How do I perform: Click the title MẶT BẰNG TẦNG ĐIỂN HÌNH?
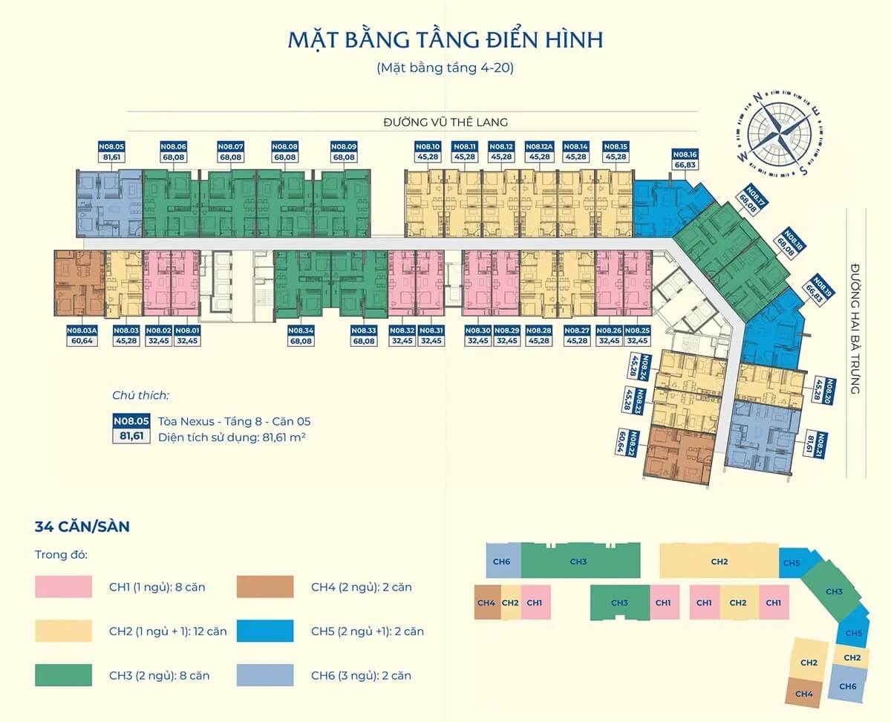(445, 39)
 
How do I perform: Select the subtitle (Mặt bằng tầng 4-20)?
(445, 68)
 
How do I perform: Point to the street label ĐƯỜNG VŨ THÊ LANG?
(446, 122)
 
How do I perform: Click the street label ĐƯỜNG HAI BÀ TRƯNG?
(855, 328)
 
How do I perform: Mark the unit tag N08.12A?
(538, 152)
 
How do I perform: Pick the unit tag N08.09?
(344, 152)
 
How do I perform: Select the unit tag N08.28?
(538, 336)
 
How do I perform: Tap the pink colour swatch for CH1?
(63, 587)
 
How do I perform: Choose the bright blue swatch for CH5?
(265, 631)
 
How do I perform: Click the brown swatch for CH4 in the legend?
(265, 587)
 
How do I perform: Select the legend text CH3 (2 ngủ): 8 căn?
(159, 676)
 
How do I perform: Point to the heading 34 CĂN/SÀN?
(82, 527)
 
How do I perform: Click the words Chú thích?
(140, 395)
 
